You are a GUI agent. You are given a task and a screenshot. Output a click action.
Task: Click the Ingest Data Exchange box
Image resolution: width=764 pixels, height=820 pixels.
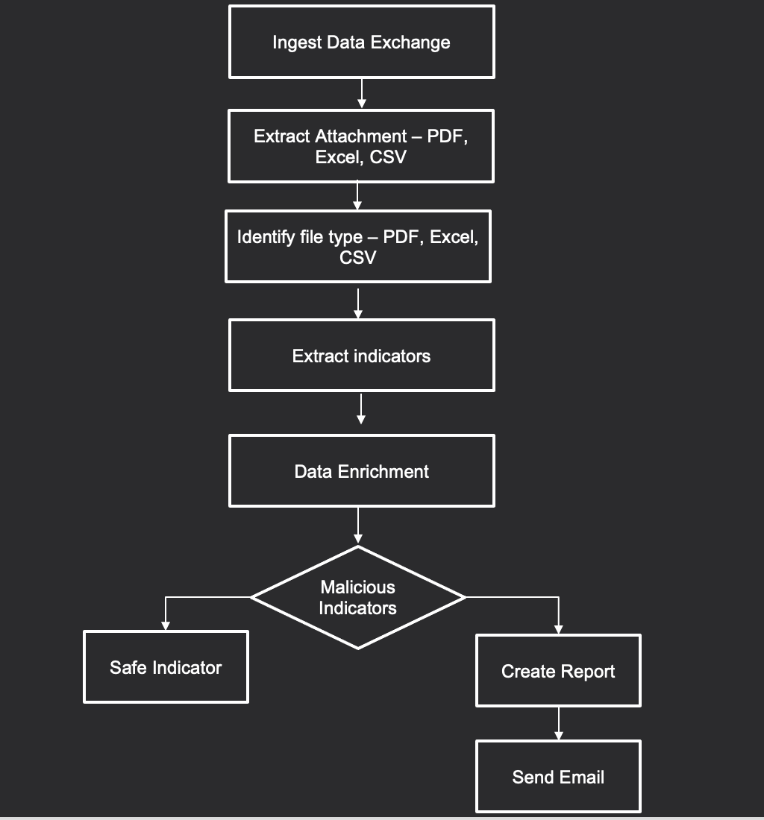tap(361, 42)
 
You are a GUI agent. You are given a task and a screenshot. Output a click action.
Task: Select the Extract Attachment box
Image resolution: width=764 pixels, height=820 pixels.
tap(360, 146)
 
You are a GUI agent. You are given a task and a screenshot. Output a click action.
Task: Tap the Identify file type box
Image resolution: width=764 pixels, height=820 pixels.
tap(357, 247)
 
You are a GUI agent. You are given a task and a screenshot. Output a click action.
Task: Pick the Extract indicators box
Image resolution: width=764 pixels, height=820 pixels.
tap(361, 356)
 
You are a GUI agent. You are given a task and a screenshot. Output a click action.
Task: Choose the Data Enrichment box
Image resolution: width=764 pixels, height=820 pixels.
tap(361, 471)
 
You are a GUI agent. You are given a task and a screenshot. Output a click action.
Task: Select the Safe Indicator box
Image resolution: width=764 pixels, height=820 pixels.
tap(166, 667)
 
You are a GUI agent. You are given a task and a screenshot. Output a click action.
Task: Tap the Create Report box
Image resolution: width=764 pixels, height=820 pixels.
tap(558, 671)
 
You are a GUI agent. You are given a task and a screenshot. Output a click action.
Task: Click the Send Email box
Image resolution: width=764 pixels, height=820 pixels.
tap(558, 777)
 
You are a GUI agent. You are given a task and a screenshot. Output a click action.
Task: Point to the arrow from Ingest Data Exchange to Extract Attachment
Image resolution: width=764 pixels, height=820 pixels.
tap(361, 93)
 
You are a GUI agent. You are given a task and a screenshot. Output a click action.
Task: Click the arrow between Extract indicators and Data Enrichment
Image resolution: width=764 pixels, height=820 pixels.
tap(361, 409)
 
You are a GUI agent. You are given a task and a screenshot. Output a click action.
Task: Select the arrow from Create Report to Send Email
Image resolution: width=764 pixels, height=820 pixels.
tap(558, 723)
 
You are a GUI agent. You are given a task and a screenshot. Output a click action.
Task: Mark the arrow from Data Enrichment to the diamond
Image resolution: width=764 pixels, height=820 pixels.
tap(358, 526)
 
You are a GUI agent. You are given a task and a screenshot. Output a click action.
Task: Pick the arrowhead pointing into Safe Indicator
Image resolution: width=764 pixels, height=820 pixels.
tap(166, 625)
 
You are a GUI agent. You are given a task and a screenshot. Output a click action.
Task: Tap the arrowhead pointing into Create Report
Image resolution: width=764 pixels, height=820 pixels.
tap(558, 629)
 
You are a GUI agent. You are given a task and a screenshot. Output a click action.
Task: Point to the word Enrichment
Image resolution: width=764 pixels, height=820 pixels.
tap(383, 471)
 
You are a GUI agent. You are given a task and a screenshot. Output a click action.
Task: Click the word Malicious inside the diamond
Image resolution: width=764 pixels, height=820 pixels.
tap(358, 587)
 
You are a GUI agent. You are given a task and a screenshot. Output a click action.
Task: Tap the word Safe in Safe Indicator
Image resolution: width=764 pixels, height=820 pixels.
tap(128, 667)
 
